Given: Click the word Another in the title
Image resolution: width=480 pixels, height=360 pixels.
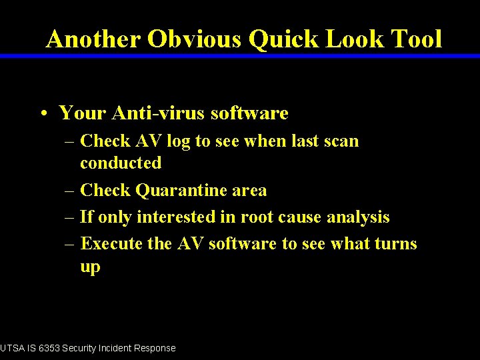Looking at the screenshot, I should click(93, 39).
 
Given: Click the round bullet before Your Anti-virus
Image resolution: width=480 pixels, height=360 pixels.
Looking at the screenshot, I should click(42, 114).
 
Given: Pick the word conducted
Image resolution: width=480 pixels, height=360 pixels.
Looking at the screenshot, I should click(121, 163).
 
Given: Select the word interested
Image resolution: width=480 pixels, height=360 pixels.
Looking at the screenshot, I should click(178, 217).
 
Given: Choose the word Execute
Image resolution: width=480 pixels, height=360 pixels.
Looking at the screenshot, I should click(111, 244).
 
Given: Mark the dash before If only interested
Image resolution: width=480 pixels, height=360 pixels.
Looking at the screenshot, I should click(69, 217).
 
